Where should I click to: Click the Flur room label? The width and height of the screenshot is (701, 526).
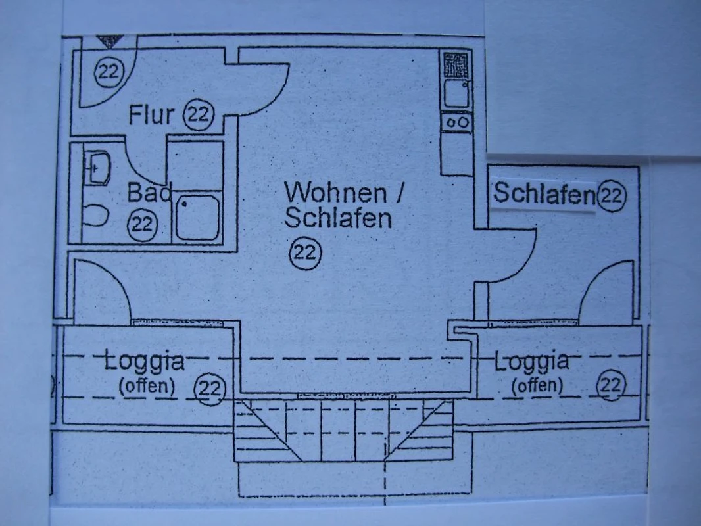click(151, 114)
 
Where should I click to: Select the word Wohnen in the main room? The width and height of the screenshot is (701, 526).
click(336, 193)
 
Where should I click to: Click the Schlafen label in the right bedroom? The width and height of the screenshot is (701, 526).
click(544, 194)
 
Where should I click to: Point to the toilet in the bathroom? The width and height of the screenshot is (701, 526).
click(95, 216)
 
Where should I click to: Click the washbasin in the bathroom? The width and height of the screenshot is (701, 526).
click(97, 168)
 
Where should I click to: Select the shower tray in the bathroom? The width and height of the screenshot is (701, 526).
click(197, 218)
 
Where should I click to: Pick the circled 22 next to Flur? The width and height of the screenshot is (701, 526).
click(199, 115)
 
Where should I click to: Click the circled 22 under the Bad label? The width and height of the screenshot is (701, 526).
click(143, 224)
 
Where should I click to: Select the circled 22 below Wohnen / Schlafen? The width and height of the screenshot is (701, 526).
click(306, 253)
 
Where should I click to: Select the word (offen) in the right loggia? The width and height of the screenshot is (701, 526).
click(537, 385)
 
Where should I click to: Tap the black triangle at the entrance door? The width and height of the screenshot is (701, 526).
click(110, 41)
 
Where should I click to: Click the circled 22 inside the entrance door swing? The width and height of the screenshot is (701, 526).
click(109, 71)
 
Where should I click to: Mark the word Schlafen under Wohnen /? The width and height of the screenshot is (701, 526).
click(338, 218)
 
